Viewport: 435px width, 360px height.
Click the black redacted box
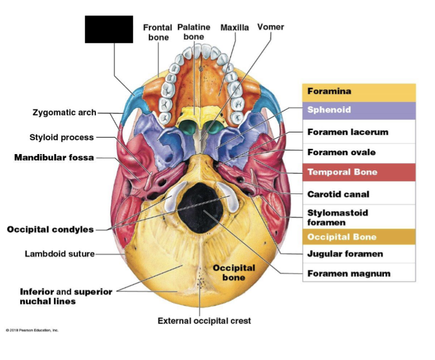[109, 29]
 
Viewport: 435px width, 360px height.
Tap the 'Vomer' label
[270, 27]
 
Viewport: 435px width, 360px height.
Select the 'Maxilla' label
[234, 28]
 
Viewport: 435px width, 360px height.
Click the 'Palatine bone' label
[194, 32]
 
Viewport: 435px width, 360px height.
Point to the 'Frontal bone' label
[158, 32]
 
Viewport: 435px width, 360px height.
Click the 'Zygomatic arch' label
[65, 112]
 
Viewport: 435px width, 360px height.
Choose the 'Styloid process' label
[61, 138]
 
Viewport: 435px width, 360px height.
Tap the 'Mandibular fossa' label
[54, 158]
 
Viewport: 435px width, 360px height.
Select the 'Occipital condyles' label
[50, 229]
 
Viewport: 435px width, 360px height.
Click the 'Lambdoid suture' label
[60, 254]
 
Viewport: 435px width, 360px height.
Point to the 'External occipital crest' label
[204, 321]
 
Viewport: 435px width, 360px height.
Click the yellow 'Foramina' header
[359, 92]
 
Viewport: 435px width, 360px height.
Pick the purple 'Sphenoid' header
[359, 111]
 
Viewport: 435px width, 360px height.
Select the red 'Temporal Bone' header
[359, 172]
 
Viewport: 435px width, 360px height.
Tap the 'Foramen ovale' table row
[359, 152]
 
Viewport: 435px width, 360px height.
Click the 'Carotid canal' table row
[359, 194]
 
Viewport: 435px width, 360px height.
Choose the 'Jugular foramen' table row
[359, 254]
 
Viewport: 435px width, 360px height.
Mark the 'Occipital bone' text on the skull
[234, 273]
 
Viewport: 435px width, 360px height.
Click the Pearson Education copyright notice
[32, 330]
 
